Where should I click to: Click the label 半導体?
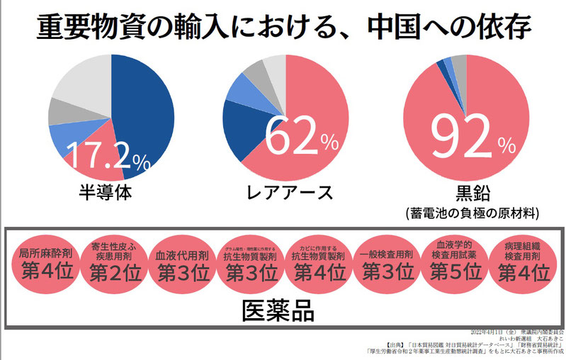106,193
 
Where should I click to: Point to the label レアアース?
287,193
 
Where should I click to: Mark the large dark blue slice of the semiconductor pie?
145,113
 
